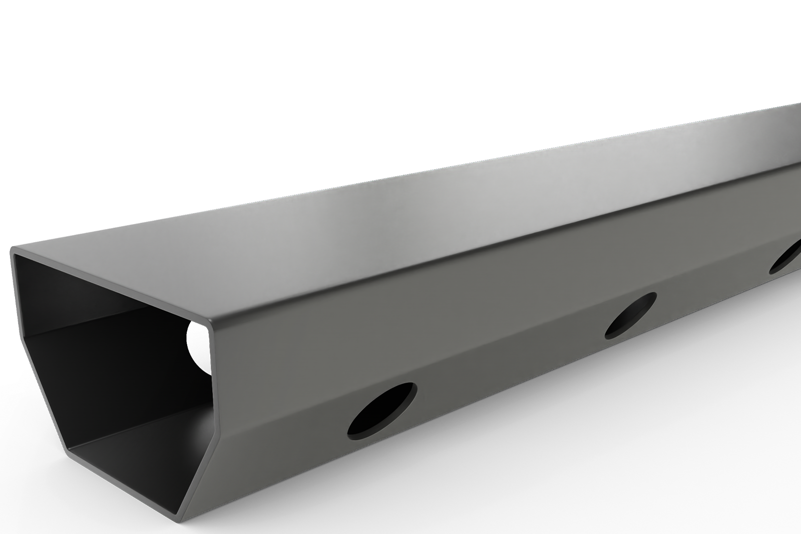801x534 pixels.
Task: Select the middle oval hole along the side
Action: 630,315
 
